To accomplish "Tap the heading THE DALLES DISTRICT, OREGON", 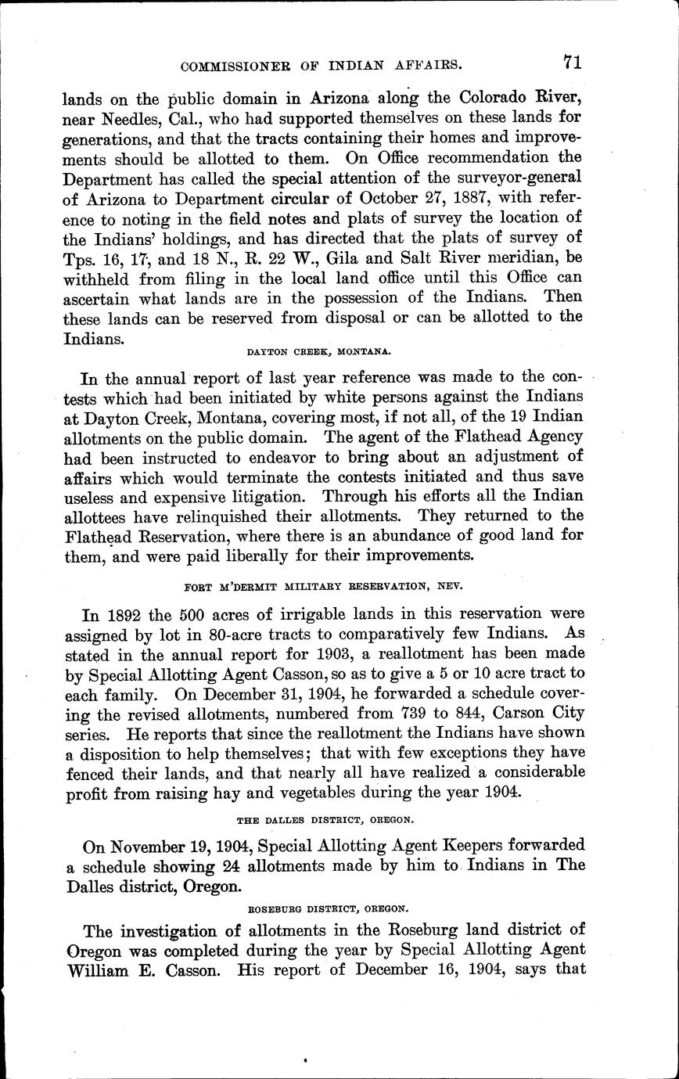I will [x=325, y=819].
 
